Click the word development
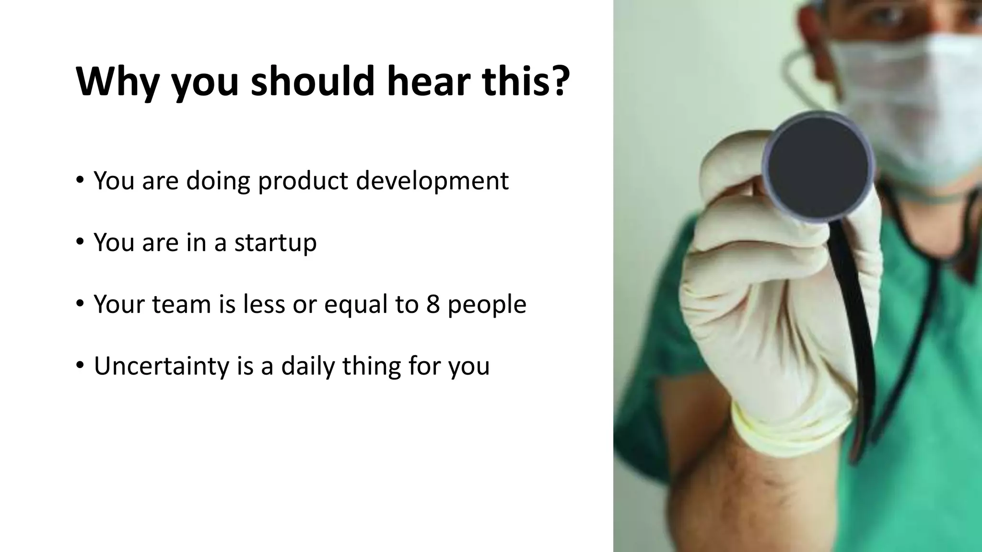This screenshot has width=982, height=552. [432, 182]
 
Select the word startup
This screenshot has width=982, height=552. [275, 243]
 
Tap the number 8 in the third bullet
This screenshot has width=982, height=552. [433, 304]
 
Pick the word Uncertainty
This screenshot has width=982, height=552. [161, 366]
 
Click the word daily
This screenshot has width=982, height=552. [307, 367]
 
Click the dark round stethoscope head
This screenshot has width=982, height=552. [818, 165]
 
